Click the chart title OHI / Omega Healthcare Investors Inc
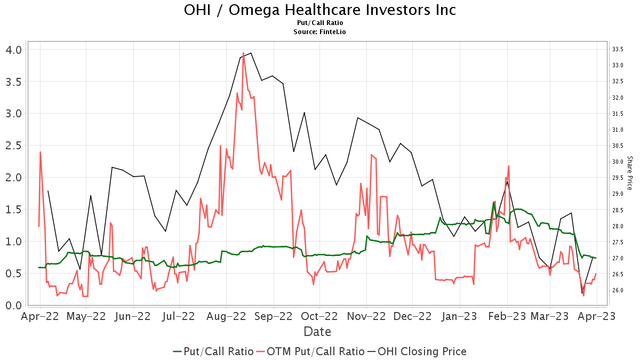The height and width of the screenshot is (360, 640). [x=320, y=10]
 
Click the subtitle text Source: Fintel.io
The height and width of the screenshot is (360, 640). [x=320, y=32]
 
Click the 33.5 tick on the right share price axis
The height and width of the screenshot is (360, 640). [x=618, y=50]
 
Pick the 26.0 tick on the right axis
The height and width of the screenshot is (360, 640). [x=618, y=290]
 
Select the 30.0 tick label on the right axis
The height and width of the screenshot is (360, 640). [x=618, y=162]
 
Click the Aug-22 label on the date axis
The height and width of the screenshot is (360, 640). [x=226, y=316]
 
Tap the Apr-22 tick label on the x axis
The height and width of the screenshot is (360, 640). [x=39, y=316]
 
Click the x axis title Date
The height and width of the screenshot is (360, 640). [x=317, y=332]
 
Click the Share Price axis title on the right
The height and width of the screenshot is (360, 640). [x=629, y=173]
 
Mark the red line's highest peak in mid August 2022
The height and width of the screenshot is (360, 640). [x=243, y=53]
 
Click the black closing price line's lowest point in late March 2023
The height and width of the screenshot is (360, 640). [x=582, y=293]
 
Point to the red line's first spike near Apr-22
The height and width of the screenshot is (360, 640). [x=41, y=153]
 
